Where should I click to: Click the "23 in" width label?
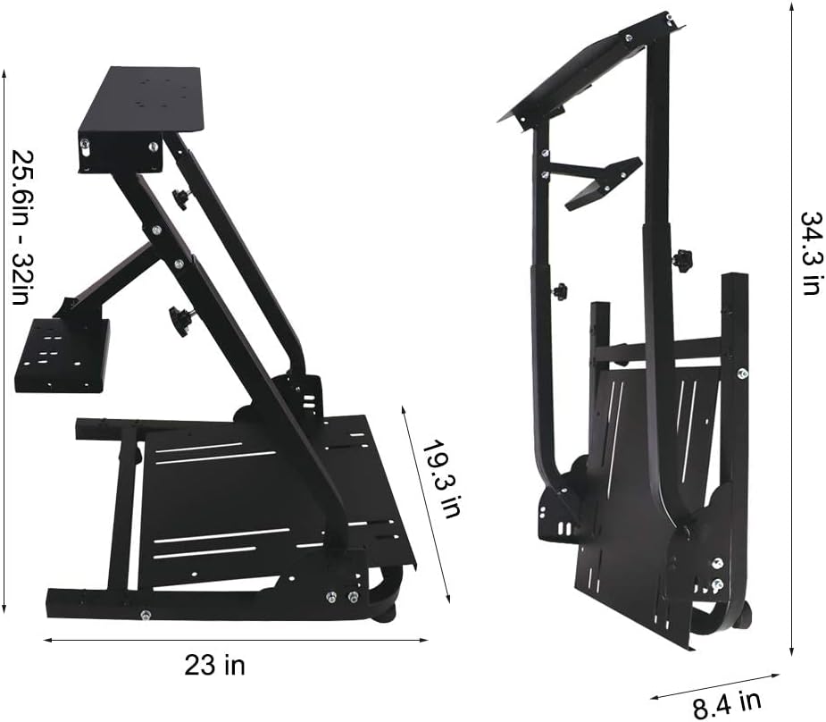point(214,666)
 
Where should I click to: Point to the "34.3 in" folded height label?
point(810,253)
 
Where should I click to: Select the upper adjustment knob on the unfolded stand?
point(181,198)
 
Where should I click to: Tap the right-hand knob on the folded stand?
point(683,261)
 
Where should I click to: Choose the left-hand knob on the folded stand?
point(560,291)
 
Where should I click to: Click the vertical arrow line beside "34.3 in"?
point(791,331)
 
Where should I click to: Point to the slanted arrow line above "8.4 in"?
point(714,686)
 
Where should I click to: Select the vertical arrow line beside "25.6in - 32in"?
point(5,340)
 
